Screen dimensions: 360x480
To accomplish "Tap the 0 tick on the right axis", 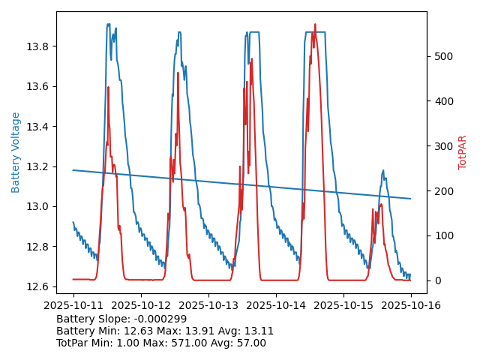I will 436,280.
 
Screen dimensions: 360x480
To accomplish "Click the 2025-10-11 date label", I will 73,305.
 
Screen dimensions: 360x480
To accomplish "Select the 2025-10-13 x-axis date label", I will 208,305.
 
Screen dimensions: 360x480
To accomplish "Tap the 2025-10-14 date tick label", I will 275,305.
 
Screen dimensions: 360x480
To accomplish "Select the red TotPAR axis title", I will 462,152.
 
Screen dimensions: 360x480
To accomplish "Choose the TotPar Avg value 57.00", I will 248,343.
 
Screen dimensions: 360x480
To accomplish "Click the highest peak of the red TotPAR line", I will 315,25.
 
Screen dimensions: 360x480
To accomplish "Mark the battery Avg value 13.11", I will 259,331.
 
